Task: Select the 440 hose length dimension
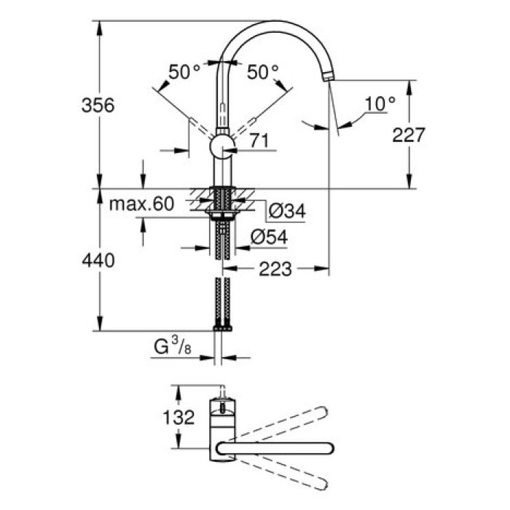pos(98,260)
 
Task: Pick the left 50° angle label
pos(184,72)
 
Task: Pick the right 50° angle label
pos(262,72)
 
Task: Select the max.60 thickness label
pos(141,205)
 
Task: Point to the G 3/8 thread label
pos(172,348)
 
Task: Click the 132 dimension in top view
pos(178,417)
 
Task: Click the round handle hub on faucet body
pos(221,146)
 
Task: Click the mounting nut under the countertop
pos(221,214)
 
